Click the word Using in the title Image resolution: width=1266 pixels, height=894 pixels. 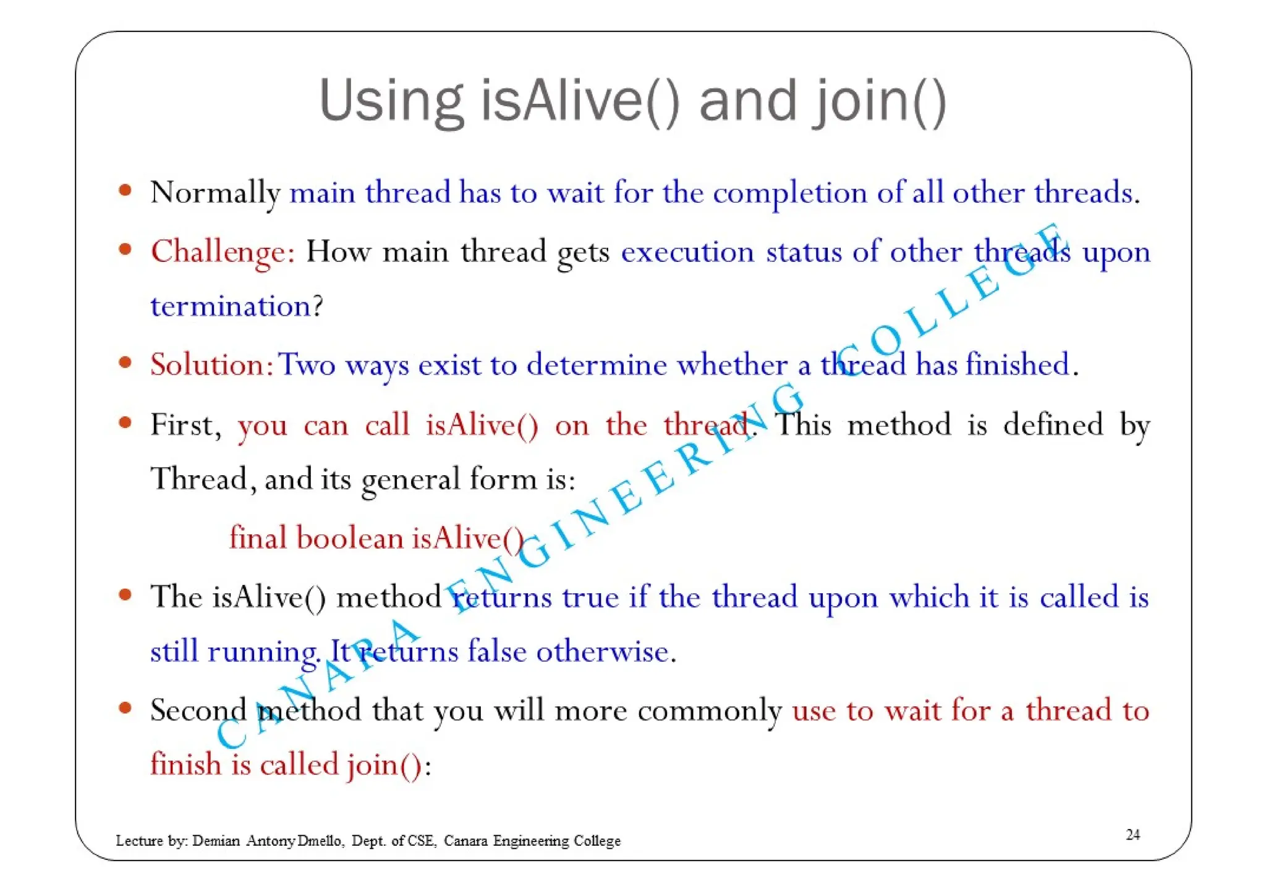(390, 102)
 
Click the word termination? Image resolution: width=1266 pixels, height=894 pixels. (237, 306)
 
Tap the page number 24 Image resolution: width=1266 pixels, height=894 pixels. (1132, 835)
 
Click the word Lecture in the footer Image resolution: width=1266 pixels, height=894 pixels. (139, 841)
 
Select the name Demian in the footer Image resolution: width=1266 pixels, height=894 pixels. (216, 841)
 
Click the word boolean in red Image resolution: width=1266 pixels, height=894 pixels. (349, 538)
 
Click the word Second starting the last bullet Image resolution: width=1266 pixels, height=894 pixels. (198, 710)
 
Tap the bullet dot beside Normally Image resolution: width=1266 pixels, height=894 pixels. (125, 190)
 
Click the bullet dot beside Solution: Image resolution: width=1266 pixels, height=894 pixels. (125, 362)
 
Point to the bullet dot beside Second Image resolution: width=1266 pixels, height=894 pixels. (125, 707)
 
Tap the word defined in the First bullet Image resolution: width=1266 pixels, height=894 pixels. (1053, 424)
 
